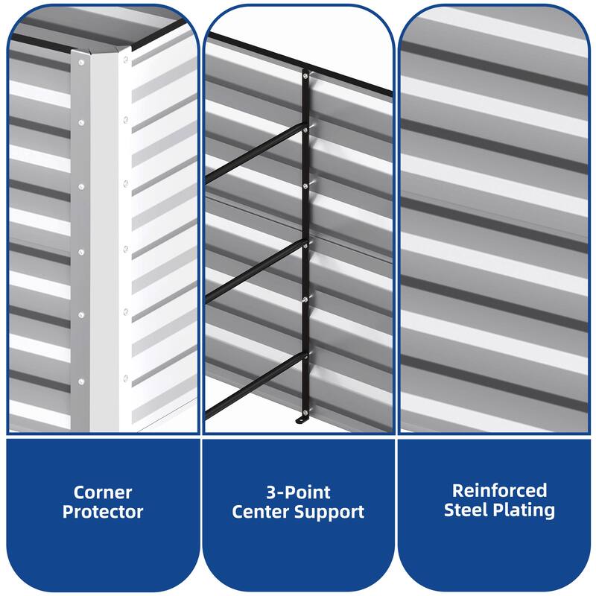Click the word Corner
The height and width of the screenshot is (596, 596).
[103, 492]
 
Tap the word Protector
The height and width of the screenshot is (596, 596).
[103, 512]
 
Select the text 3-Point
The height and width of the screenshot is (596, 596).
[298, 492]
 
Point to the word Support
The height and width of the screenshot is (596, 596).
[332, 512]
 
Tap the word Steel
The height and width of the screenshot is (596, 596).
[467, 510]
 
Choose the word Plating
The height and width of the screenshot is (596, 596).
[524, 510]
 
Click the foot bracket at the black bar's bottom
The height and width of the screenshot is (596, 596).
[302, 423]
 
